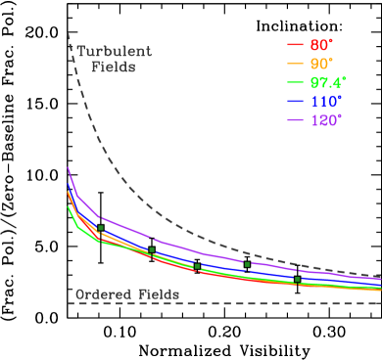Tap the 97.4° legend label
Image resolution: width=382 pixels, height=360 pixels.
click(328, 82)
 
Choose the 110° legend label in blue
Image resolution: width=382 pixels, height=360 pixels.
click(328, 101)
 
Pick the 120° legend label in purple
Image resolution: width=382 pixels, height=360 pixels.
click(328, 119)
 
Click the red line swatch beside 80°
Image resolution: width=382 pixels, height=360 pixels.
click(295, 45)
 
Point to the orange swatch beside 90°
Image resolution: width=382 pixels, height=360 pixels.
click(295, 64)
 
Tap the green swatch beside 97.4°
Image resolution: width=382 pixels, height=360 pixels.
click(295, 82)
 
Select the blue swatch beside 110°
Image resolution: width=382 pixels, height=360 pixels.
click(295, 101)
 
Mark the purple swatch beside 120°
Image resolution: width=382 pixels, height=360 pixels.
click(295, 119)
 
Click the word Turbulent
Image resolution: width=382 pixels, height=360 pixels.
click(115, 52)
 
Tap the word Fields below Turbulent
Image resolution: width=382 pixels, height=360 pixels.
click(113, 67)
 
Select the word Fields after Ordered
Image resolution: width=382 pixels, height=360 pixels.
click(158, 293)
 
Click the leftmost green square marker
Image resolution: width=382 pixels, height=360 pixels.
click(101, 228)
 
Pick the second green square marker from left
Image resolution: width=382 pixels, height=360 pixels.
click(151, 250)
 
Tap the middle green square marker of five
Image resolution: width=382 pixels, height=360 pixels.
click(197, 265)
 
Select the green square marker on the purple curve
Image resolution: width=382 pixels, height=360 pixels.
click(247, 264)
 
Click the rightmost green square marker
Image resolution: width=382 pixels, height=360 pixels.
click(297, 280)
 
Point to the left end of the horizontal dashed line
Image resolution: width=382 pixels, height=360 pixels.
click(70, 303)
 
